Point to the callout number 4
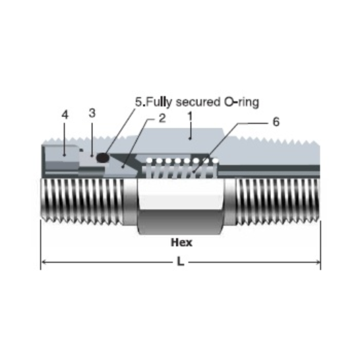[x=65, y=115]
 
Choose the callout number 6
[x=275, y=123]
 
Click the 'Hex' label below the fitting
[x=181, y=242]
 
